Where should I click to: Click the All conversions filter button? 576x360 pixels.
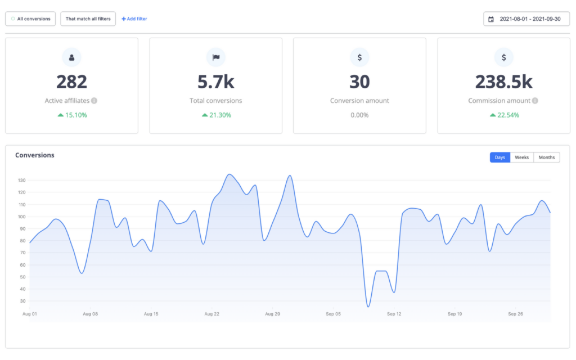31,19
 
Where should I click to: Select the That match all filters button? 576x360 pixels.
88,19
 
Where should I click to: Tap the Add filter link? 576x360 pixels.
134,19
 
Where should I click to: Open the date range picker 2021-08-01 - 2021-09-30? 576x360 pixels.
526,19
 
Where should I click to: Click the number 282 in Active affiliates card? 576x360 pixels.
71,82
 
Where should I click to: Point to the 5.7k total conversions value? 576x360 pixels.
215,82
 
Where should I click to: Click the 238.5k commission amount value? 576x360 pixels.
503,82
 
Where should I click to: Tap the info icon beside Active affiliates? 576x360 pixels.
94,101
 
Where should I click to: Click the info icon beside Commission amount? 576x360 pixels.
535,101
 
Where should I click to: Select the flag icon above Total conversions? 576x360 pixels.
215,57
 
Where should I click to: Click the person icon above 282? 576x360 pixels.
71,57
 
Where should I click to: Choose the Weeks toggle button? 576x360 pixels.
521,157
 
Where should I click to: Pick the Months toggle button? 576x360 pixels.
546,157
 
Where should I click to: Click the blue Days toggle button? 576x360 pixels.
499,157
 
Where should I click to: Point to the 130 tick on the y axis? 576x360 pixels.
22,181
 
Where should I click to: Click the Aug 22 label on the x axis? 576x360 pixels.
211,314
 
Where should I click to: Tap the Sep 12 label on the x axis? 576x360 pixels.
394,314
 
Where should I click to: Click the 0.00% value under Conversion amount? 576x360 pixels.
359,115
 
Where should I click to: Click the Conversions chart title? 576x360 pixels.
35,155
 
